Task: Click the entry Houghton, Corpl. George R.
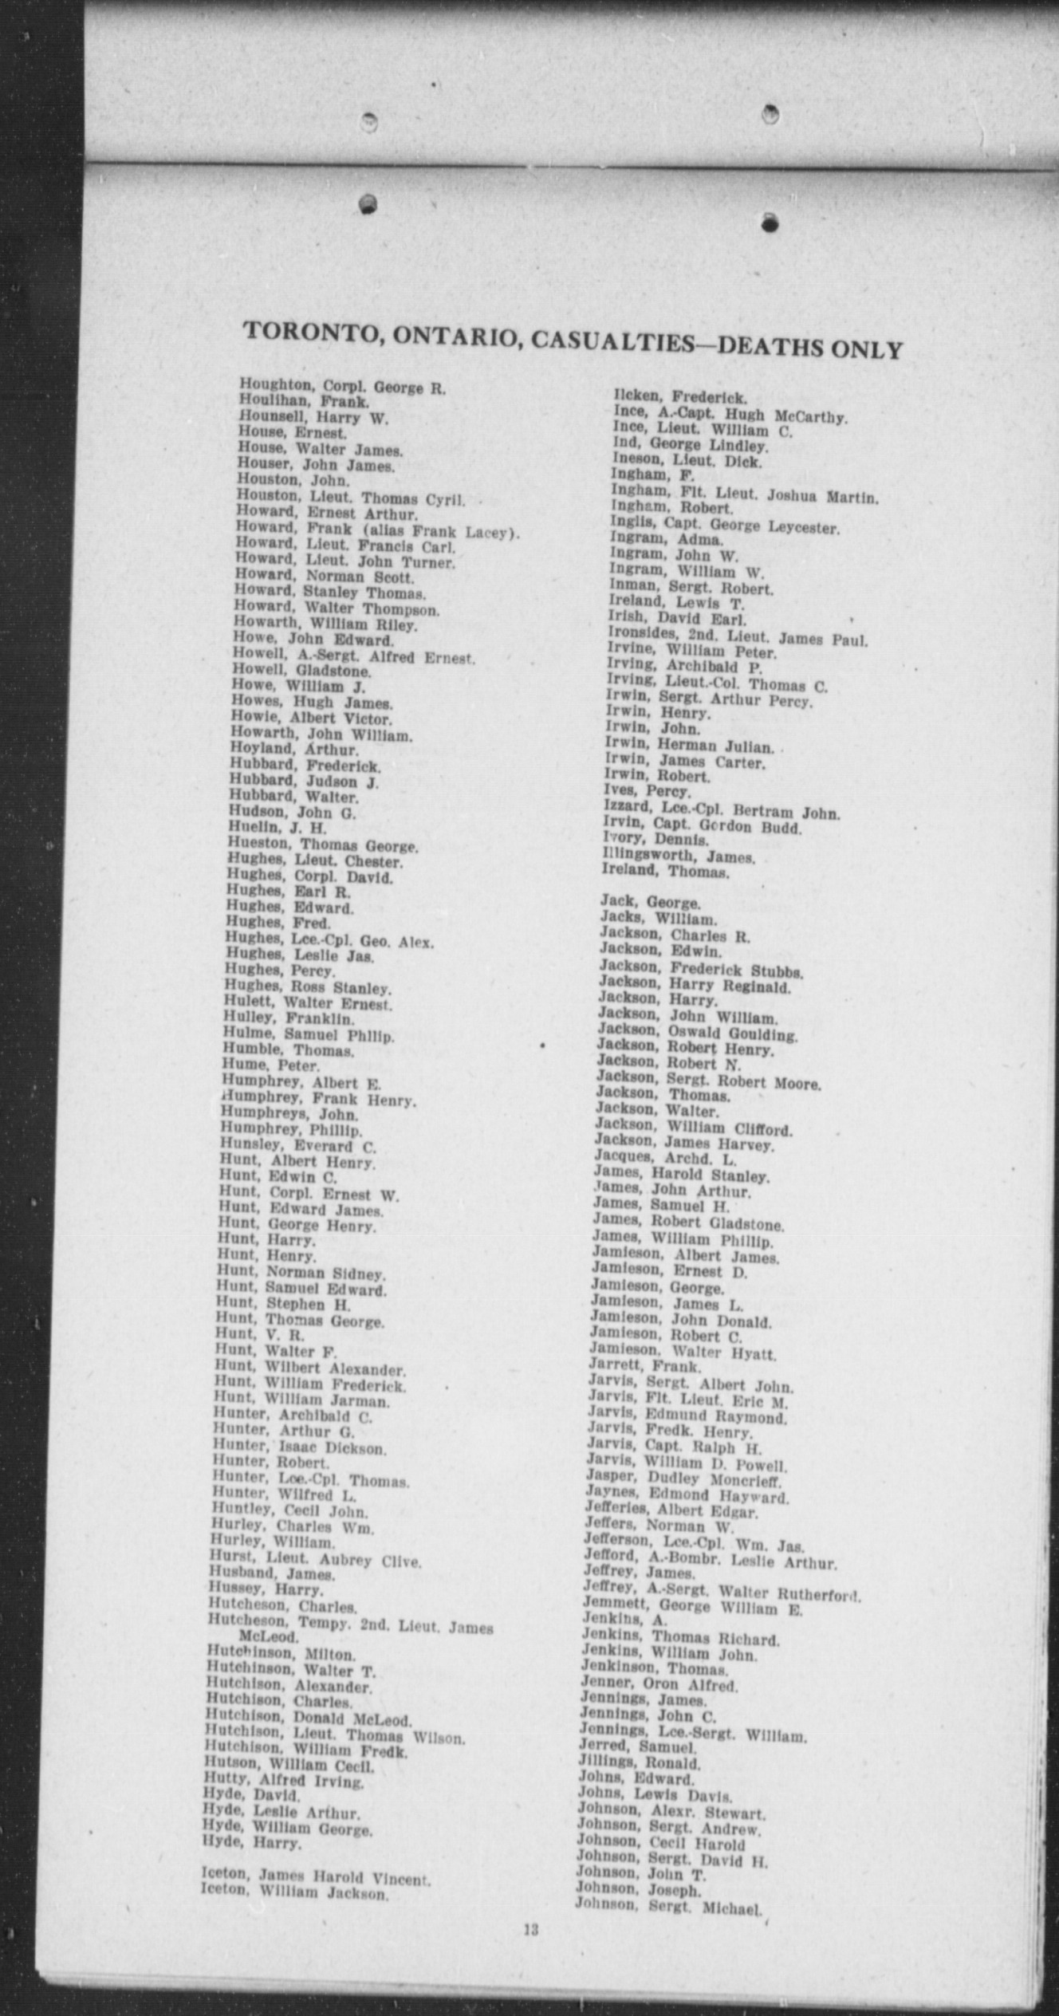pyautogui.click(x=342, y=388)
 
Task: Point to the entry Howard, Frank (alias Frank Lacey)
pyautogui.click(x=377, y=531)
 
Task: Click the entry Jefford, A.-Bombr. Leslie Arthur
pyautogui.click(x=709, y=1561)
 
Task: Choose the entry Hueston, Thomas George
pyautogui.click(x=322, y=845)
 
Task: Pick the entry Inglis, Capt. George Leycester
pyautogui.click(x=725, y=526)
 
